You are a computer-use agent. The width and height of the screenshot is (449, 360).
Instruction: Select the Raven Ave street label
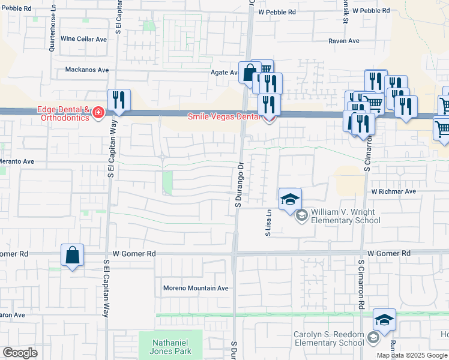pyautogui.click(x=343, y=41)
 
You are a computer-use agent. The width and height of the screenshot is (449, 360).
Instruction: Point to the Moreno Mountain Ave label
pyautogui.click(x=196, y=288)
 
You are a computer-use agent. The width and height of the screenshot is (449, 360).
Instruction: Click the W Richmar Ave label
pyautogui.click(x=393, y=192)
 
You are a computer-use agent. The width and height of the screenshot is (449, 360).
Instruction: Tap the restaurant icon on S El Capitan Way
pyautogui.click(x=118, y=100)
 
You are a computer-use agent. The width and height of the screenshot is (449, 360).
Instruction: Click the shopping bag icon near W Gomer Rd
pyautogui.click(x=72, y=255)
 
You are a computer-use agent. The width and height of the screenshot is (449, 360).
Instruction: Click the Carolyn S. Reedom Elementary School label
pyautogui.click(x=328, y=338)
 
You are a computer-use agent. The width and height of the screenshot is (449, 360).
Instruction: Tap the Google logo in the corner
pyautogui.click(x=20, y=353)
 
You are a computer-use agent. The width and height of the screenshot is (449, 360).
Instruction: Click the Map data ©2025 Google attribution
pyautogui.click(x=412, y=355)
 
